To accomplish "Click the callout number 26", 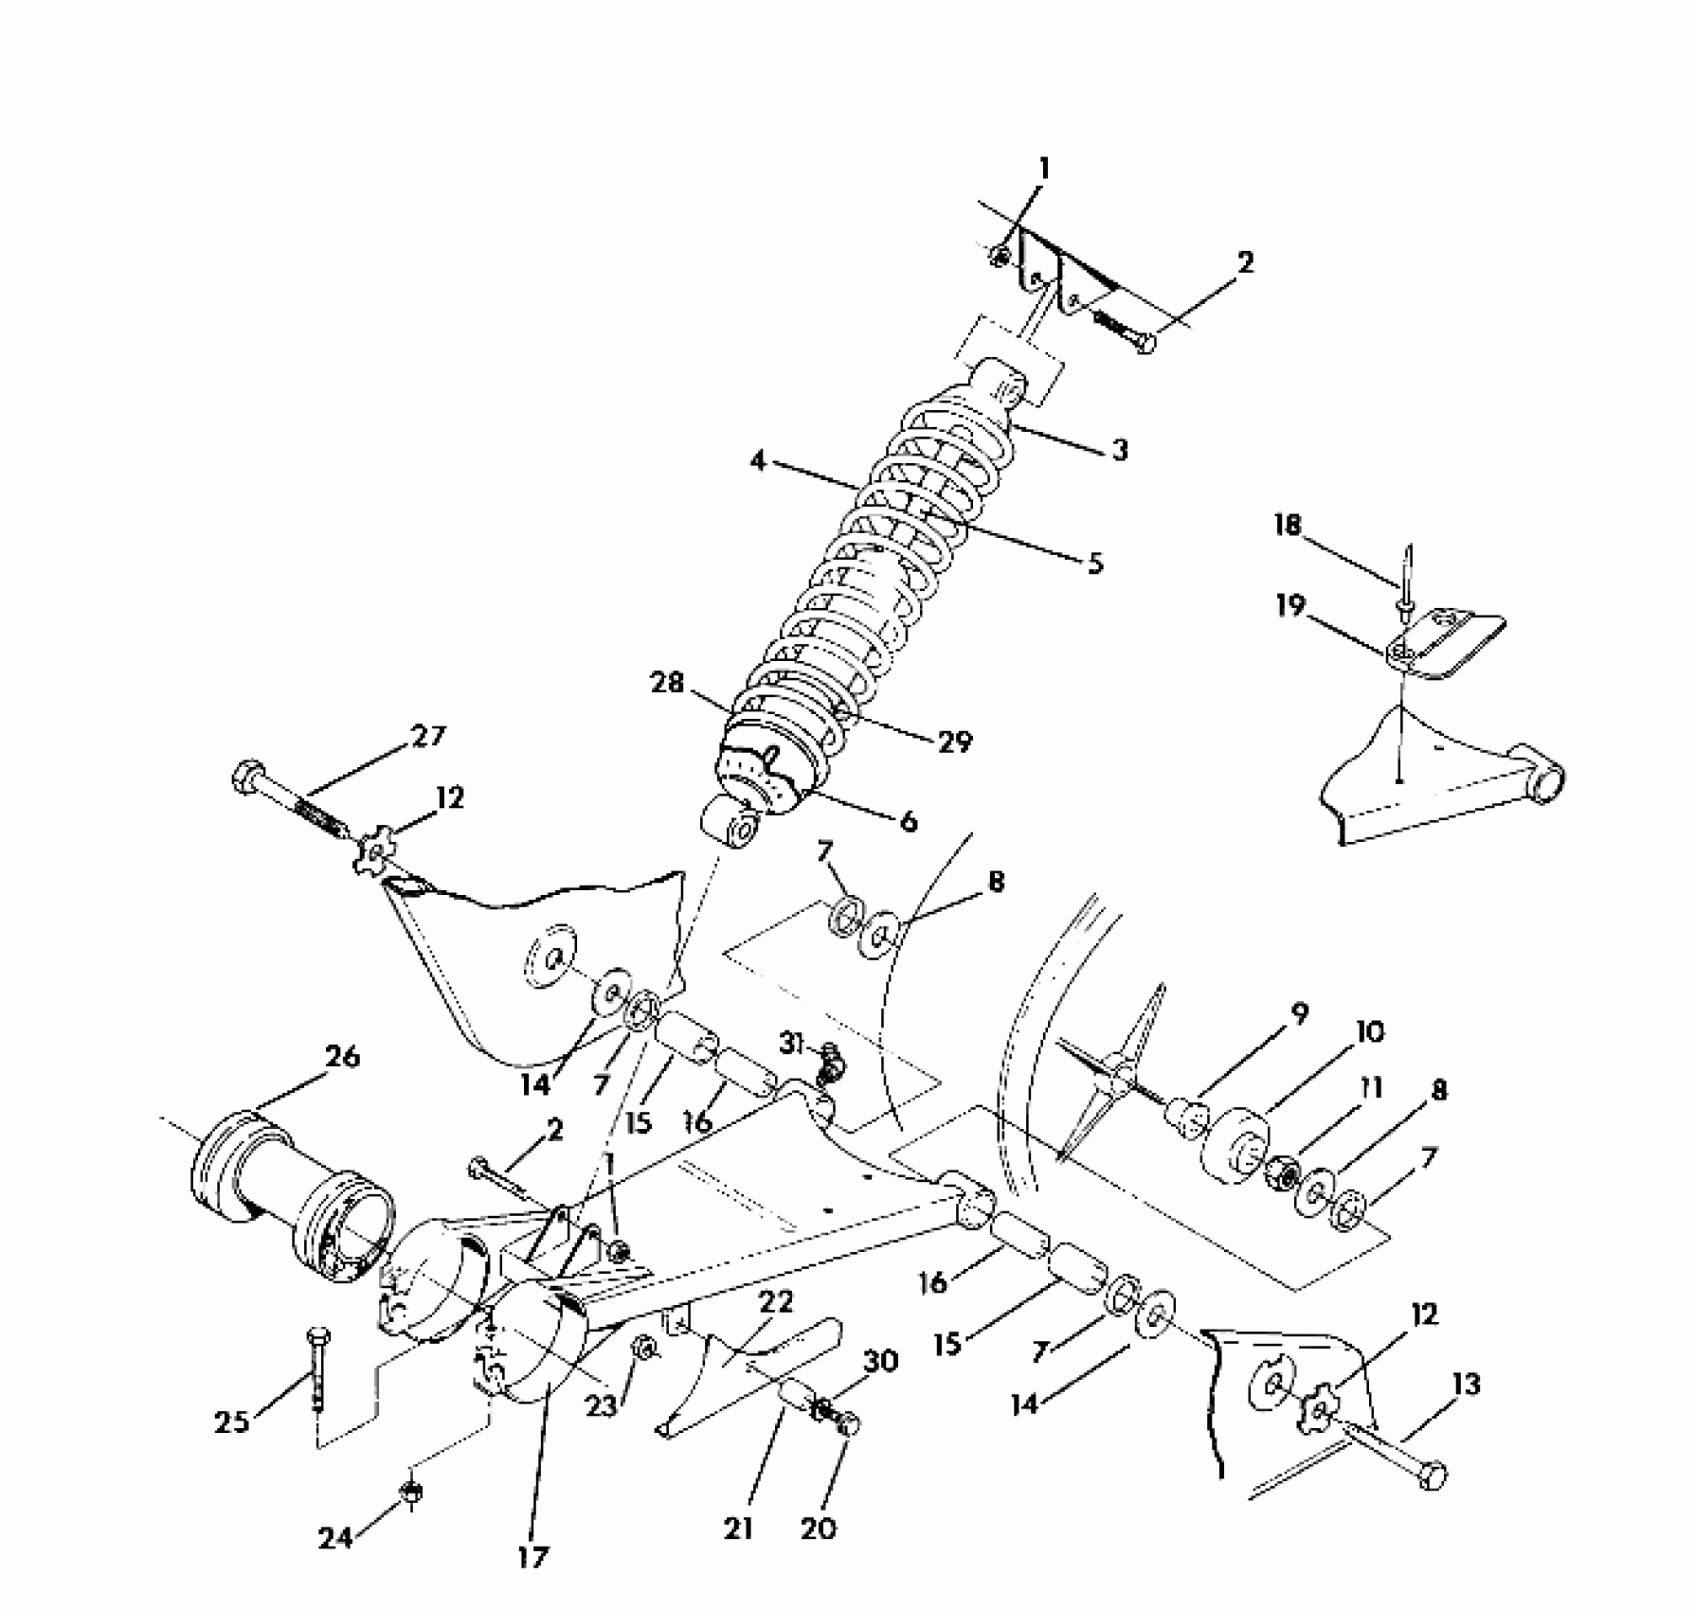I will click(x=342, y=1057).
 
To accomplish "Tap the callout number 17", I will click(x=533, y=1556).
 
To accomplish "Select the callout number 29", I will click(x=955, y=742).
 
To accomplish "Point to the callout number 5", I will click(x=1094, y=563).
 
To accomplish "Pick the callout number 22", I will click(x=776, y=1302).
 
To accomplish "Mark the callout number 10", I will click(x=1369, y=1031).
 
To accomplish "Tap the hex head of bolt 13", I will click(x=1434, y=1475).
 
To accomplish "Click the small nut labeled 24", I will click(x=412, y=1493).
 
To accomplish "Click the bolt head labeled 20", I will click(x=846, y=1422).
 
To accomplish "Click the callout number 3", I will click(x=1120, y=450).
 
